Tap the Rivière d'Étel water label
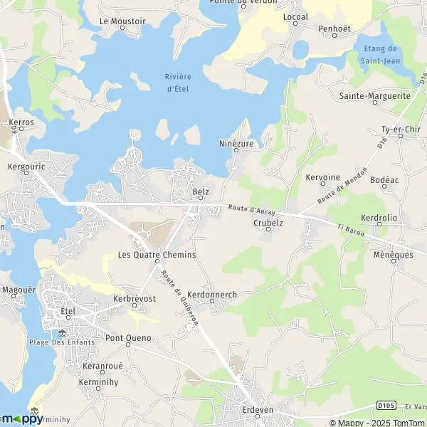[179, 83]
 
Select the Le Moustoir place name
[122, 21]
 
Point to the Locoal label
[295, 16]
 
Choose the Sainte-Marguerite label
[375, 95]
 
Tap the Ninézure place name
[236, 142]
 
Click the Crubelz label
[268, 222]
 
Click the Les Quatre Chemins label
[157, 255]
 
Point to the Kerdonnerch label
[213, 295]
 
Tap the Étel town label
[68, 311]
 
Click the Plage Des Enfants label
[63, 342]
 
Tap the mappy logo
[21, 418]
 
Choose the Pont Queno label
[128, 337]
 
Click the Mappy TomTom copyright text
[375, 421]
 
